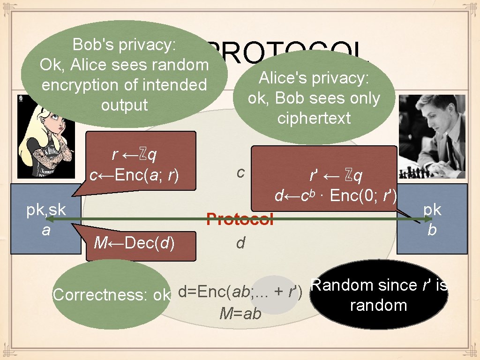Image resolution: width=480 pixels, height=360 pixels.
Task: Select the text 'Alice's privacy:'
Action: coord(314,78)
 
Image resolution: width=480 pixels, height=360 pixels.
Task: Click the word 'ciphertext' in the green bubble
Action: coord(314,118)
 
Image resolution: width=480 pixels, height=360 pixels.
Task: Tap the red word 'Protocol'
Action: coord(240,219)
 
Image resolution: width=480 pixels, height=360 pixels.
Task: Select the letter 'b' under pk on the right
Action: coord(432,230)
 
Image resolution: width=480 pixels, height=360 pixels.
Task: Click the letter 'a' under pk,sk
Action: coord(46,230)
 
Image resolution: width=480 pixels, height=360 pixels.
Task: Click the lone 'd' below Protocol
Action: coord(240,243)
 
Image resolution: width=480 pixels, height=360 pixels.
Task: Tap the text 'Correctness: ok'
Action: coord(111,295)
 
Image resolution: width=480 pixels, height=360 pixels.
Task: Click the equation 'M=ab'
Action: coord(240,314)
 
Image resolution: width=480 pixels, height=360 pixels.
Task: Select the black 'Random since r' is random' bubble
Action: coord(379,295)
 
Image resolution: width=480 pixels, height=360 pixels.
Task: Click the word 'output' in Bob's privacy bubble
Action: coord(124,105)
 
